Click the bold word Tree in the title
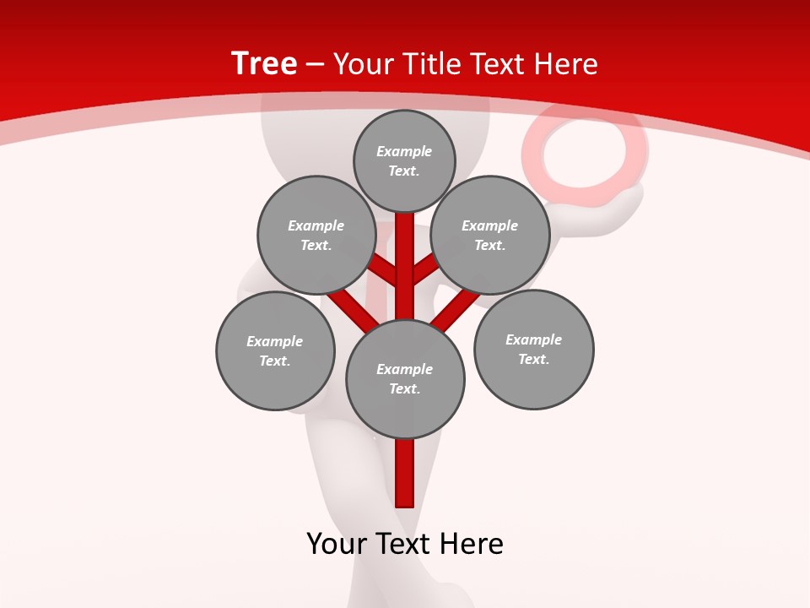pyautogui.click(x=264, y=63)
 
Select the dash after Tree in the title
pyautogui.click(x=315, y=64)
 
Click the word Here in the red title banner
pyautogui.click(x=565, y=63)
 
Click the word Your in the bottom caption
pyautogui.click(x=337, y=544)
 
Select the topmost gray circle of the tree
pyautogui.click(x=404, y=160)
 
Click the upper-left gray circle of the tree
pyautogui.click(x=316, y=235)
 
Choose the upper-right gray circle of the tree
pyautogui.click(x=490, y=235)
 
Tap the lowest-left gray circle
pyautogui.click(x=275, y=350)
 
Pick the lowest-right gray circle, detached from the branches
pyautogui.click(x=533, y=349)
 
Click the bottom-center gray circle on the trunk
pyautogui.click(x=405, y=378)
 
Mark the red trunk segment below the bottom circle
pyautogui.click(x=405, y=473)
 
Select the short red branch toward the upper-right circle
pyautogui.click(x=425, y=270)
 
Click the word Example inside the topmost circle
pyautogui.click(x=404, y=151)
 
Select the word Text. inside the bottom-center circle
pyautogui.click(x=404, y=388)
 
